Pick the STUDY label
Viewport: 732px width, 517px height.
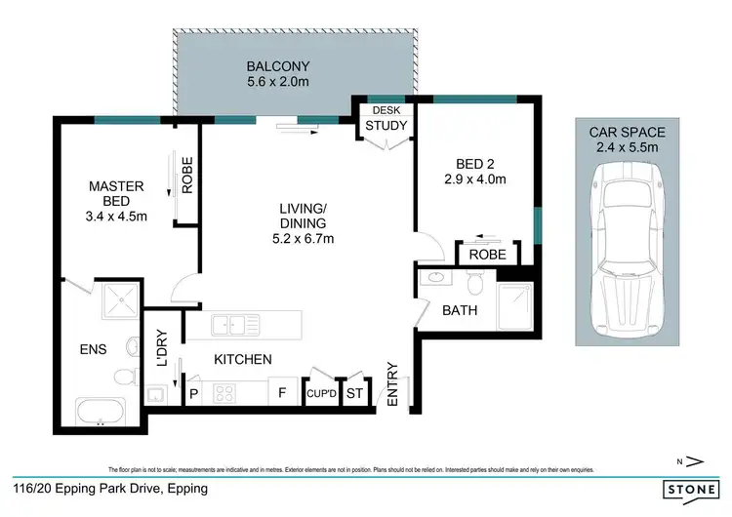pos(385,125)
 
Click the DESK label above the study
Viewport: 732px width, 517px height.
pos(385,110)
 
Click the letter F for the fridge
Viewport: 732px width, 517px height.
pos(283,393)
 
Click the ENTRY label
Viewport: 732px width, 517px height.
pos(393,384)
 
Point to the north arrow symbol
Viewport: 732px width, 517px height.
pos(691,460)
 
